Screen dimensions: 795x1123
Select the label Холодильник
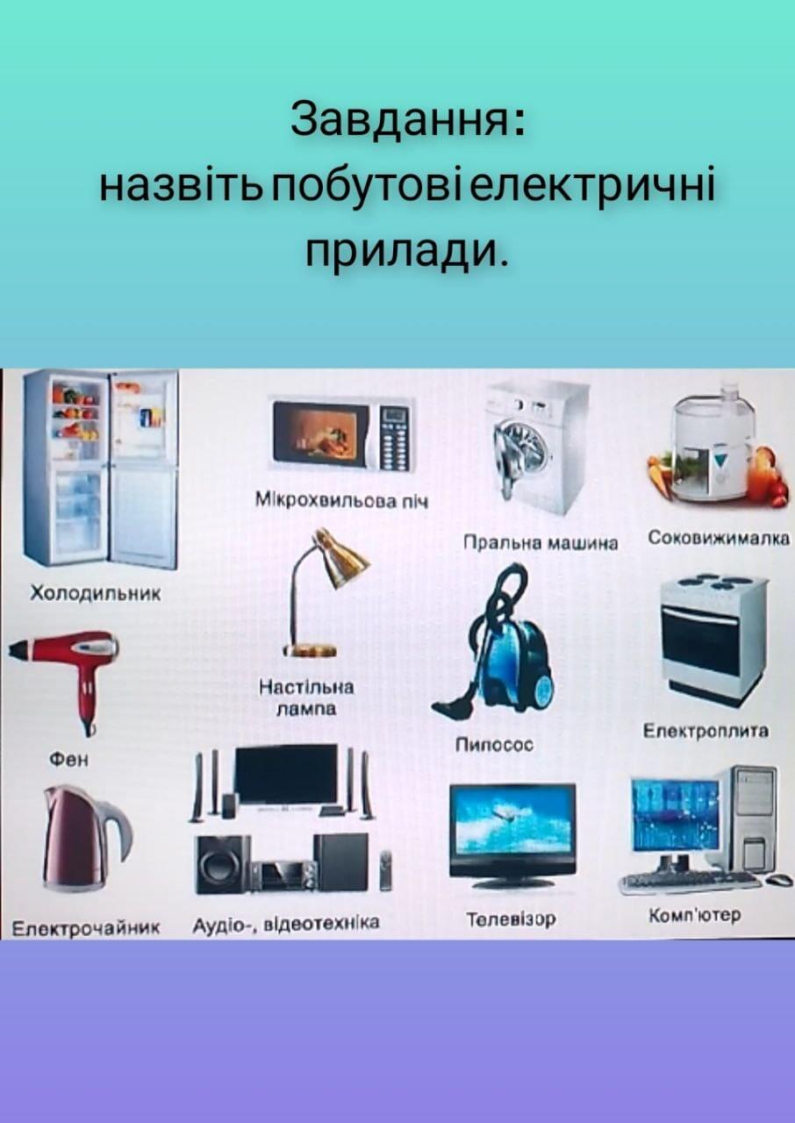coord(96,594)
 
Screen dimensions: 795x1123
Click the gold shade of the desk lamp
coord(340,557)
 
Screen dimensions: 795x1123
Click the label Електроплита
coord(705,731)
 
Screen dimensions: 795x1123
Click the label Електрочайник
coord(85,928)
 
